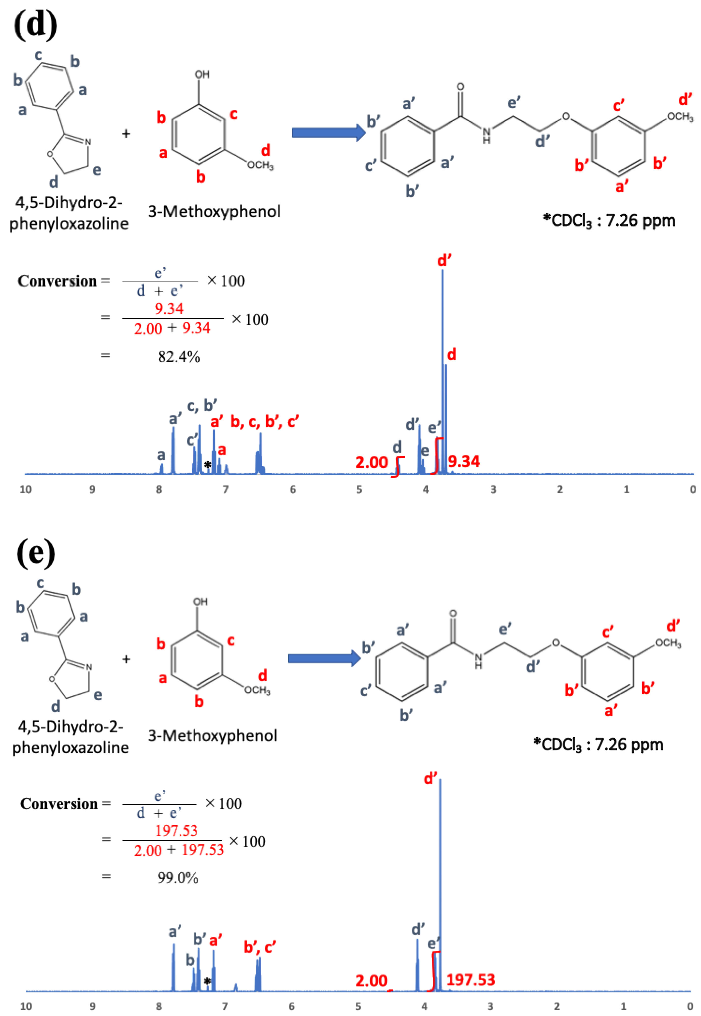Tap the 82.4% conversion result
179,357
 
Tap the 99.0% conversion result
178,877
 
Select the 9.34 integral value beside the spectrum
464,461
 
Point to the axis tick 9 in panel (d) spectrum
92,489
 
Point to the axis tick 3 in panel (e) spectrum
491,1006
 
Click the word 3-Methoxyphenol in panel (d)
214,212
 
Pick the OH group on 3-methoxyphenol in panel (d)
202,75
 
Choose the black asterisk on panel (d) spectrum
208,465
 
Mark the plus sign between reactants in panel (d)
126,133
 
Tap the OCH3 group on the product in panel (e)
668,644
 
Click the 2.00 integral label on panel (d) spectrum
371,462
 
